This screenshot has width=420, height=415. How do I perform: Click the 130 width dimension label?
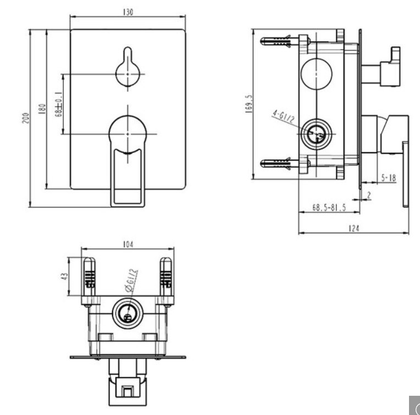coord(128,12)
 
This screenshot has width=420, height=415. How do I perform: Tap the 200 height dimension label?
coord(25,118)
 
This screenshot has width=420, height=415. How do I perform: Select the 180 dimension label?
coord(42,109)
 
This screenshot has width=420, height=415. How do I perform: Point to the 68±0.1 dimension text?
coord(59,104)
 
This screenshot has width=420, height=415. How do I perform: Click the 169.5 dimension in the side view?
coord(249,104)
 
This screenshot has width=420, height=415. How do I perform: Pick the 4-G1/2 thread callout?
coord(284,116)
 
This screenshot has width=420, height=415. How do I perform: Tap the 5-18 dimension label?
coord(389,178)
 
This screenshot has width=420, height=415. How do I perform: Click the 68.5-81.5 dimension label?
coord(329,208)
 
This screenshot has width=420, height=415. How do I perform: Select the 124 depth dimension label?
coord(354,228)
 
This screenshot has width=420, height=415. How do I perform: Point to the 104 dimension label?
coord(128,244)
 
